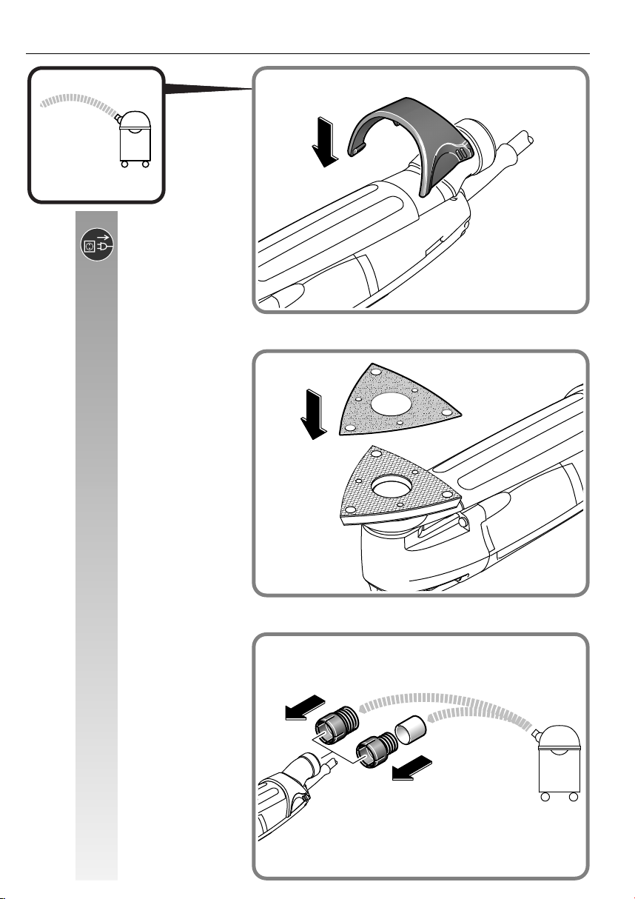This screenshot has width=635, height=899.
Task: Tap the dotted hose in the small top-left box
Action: pos(78,101)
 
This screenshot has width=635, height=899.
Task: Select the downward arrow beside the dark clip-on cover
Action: pos(326,141)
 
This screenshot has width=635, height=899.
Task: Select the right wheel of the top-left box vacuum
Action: pos(146,164)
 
